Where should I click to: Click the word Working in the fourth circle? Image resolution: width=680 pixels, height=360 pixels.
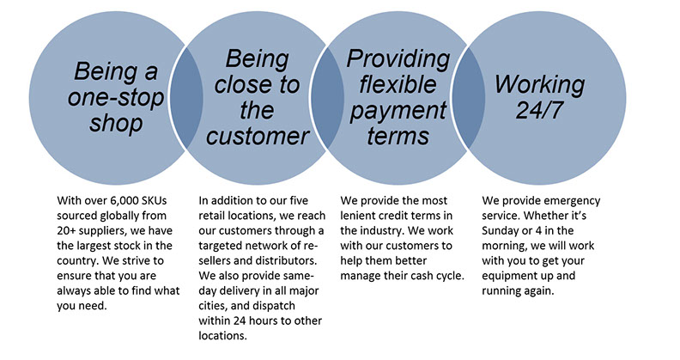[x=539, y=85]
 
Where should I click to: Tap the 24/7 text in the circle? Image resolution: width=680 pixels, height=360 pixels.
[x=539, y=109]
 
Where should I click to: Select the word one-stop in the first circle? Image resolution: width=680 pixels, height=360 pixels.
[x=116, y=98]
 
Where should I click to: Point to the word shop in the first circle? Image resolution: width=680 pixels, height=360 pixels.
[x=116, y=123]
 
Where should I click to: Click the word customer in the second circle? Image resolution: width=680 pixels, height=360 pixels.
[x=258, y=136]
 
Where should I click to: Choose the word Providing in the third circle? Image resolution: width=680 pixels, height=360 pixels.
[x=398, y=59]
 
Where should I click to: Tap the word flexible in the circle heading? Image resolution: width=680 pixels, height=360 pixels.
[x=398, y=83]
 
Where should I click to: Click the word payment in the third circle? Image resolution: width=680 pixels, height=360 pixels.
[x=398, y=110]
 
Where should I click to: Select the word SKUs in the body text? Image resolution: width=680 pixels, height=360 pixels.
[x=155, y=201]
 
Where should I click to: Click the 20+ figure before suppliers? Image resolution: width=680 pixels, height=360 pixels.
[x=65, y=231]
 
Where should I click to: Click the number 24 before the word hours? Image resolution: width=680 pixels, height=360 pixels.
[x=240, y=321]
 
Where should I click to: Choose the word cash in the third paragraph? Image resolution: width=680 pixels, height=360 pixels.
[x=422, y=276]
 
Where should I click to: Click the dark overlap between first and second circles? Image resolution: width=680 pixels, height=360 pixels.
[x=186, y=98]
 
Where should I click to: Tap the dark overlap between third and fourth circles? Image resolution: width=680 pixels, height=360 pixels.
[x=469, y=98]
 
